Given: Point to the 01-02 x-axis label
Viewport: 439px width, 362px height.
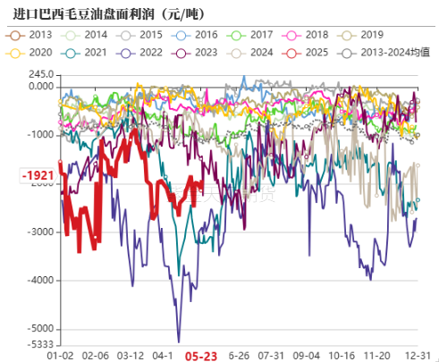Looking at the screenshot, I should (x=60, y=355).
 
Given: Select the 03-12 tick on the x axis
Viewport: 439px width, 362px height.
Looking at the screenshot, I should (x=131, y=355).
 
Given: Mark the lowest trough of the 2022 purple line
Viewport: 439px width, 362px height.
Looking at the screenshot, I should (x=179, y=341).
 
